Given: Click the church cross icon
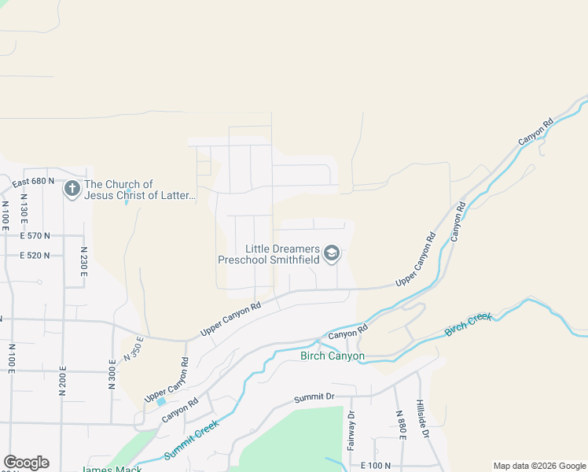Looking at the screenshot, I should [x=72, y=190].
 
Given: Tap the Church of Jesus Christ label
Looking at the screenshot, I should [x=140, y=190].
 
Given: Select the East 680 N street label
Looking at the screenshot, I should [x=33, y=182].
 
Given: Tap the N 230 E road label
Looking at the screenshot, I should [x=83, y=260].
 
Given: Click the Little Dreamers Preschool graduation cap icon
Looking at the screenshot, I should [x=332, y=253].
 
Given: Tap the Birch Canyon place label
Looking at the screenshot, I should [x=333, y=356].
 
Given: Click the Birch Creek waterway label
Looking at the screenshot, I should [x=469, y=324].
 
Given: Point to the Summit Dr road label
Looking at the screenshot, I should [x=314, y=399].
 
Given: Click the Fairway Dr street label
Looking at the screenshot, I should [x=351, y=427].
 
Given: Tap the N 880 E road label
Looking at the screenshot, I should [x=399, y=426].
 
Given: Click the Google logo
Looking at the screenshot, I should [x=26, y=463].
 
